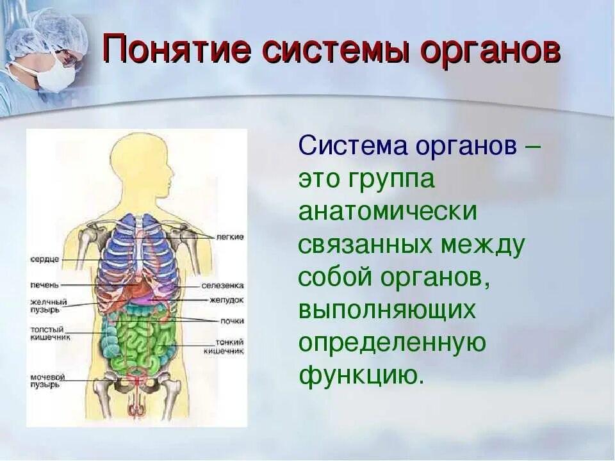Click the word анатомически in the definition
388,212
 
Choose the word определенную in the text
392,343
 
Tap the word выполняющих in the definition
388,311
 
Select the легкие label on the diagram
230,237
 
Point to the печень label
44,284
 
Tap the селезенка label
222,286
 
